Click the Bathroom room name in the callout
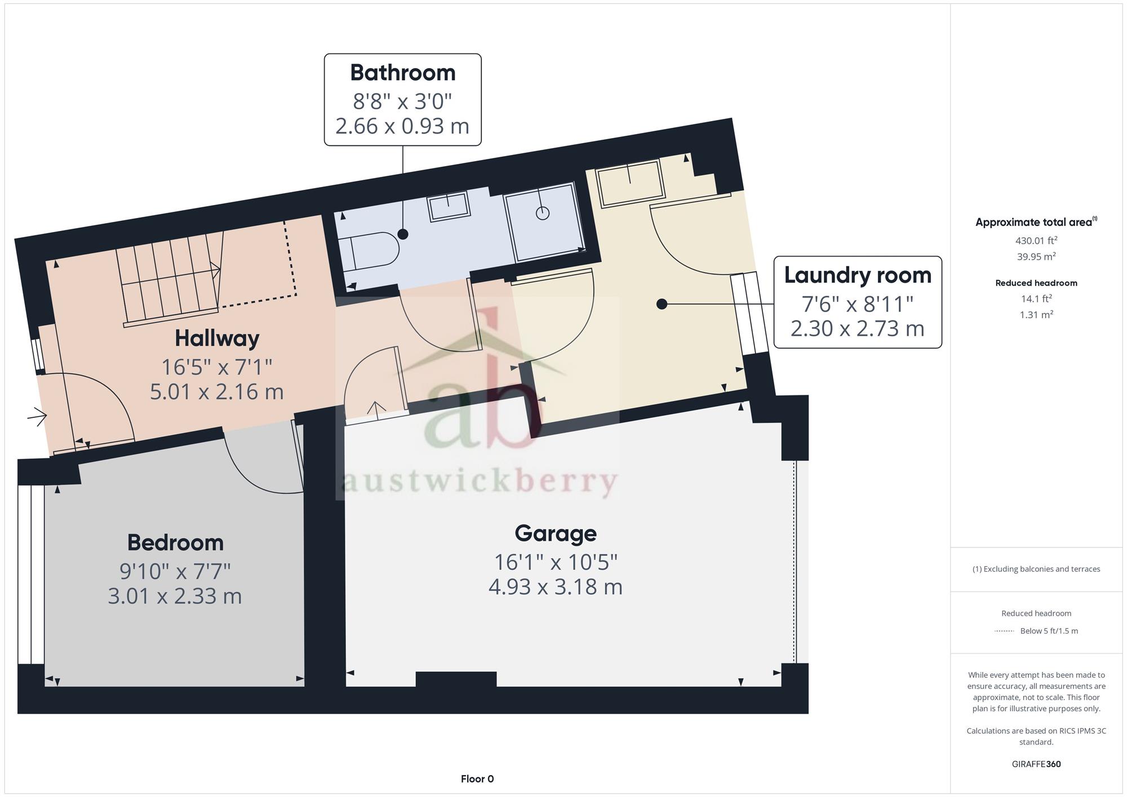[x=402, y=73]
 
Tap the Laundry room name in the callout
[x=858, y=275]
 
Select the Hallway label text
[x=217, y=339]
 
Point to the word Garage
[x=556, y=533]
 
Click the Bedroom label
[x=175, y=543]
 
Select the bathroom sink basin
[x=449, y=206]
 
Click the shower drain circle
[x=543, y=213]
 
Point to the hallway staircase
[x=169, y=280]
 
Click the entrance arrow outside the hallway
[x=37, y=416]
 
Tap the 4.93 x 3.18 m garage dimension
[x=556, y=587]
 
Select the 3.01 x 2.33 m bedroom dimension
[x=175, y=596]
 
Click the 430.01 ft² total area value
[x=1036, y=241]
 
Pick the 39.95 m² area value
[x=1036, y=256]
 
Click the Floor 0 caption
[x=477, y=779]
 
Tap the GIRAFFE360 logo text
[x=1036, y=764]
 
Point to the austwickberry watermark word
[x=480, y=483]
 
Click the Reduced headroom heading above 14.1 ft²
[x=1036, y=283]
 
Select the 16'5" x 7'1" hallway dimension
[x=217, y=367]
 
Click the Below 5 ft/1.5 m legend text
[x=1049, y=631]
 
